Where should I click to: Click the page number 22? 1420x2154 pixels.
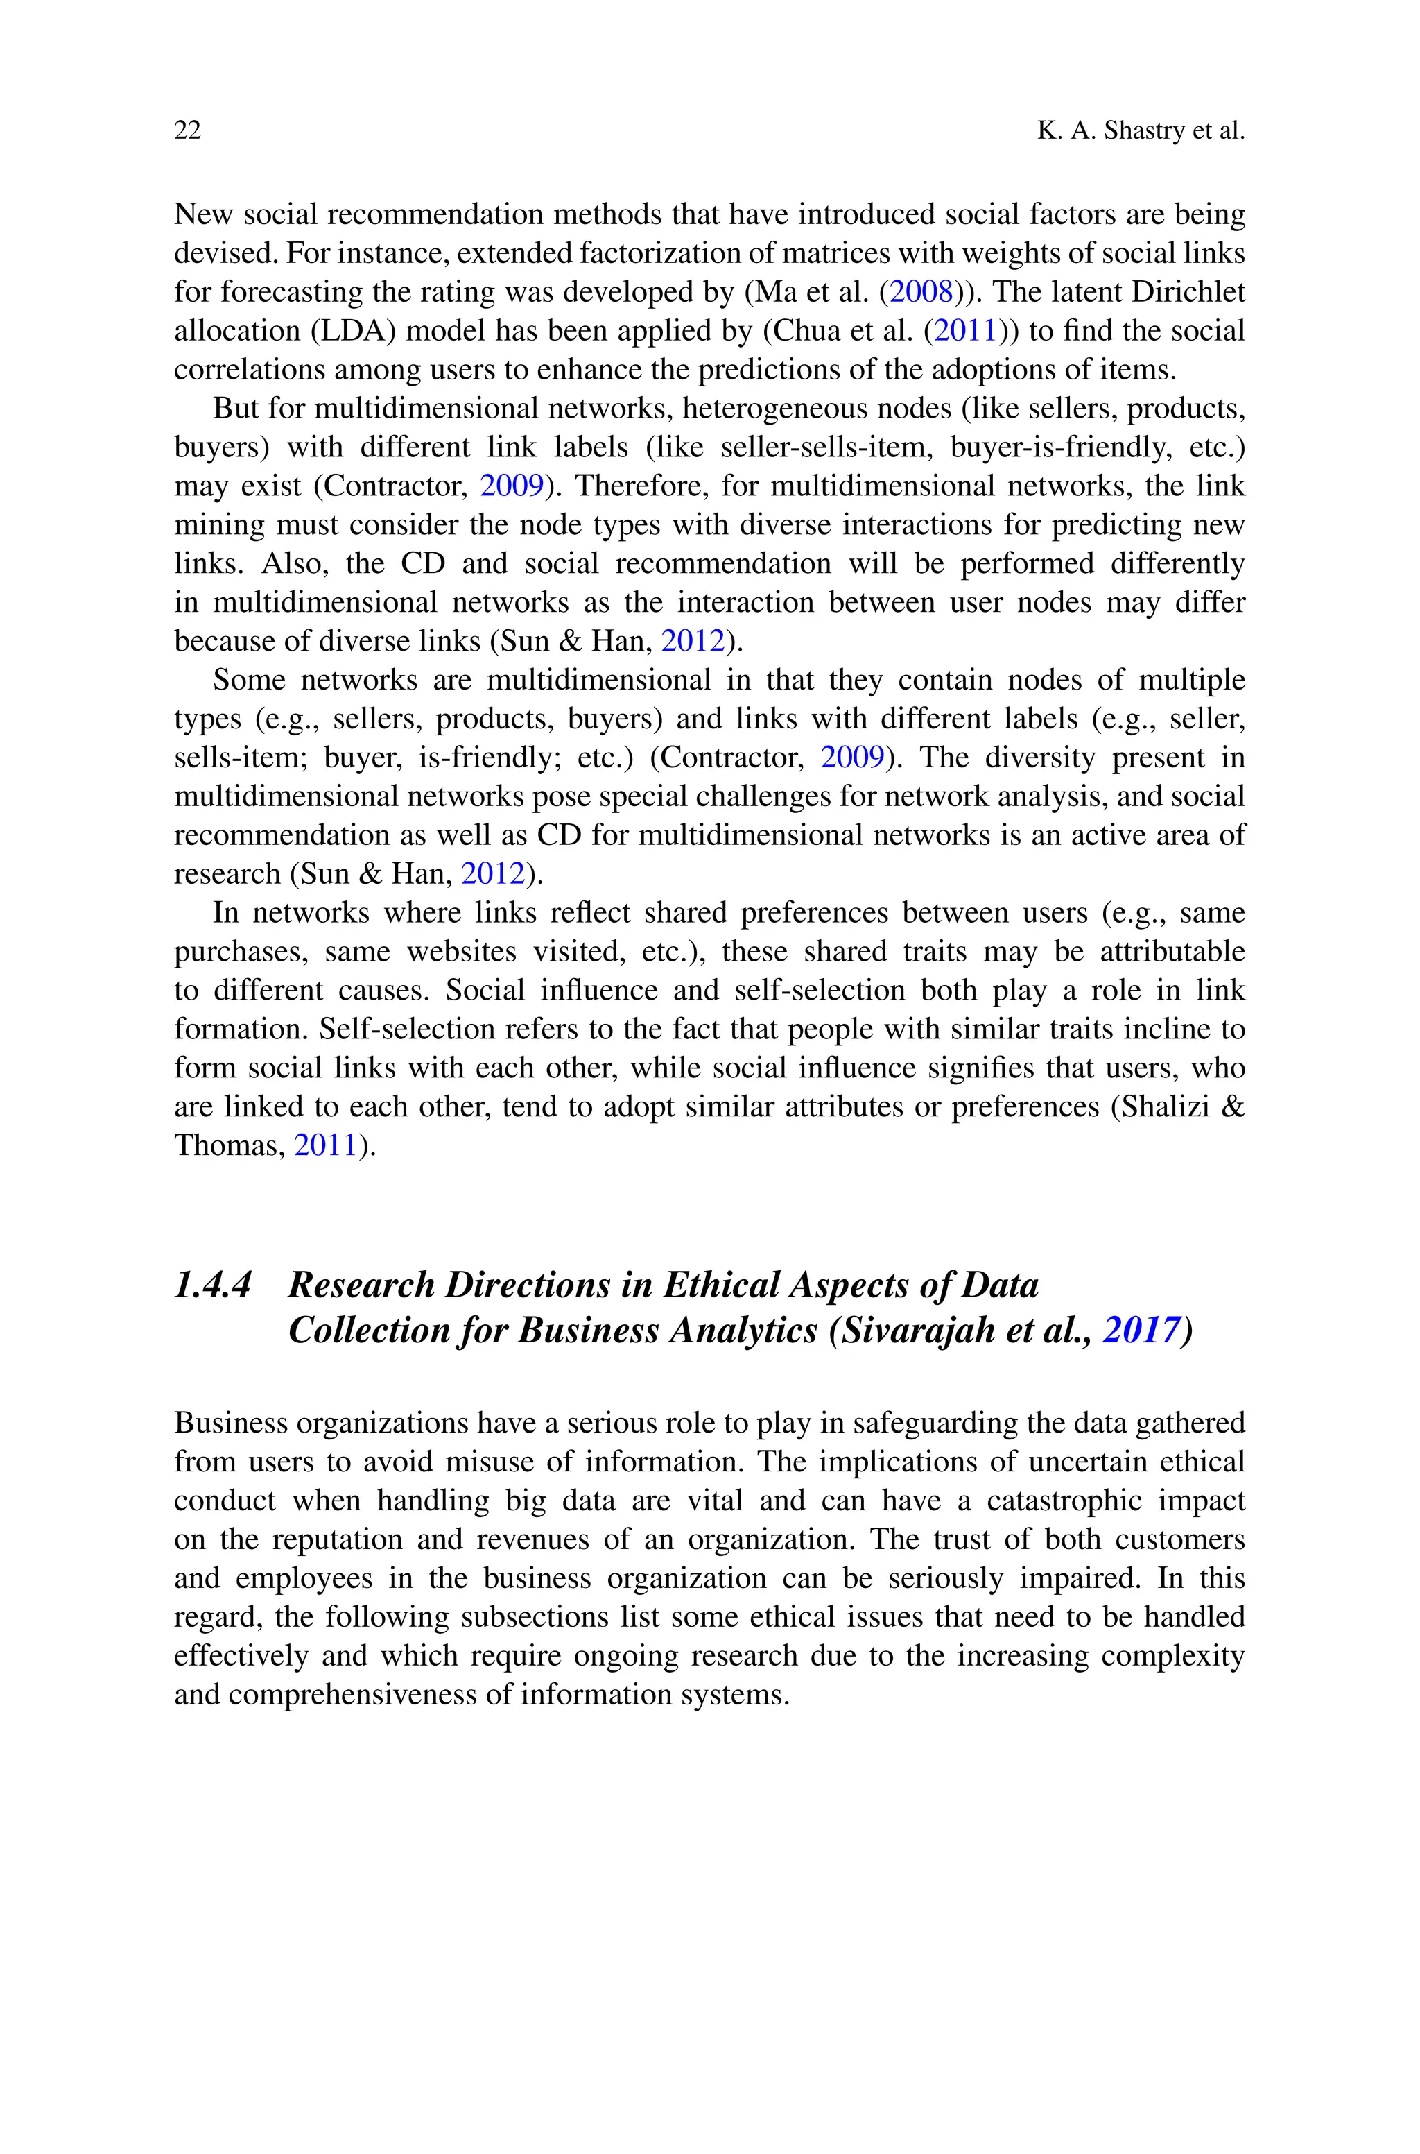187,131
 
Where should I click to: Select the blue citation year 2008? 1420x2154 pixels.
922,293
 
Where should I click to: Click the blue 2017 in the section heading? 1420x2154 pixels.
1141,1331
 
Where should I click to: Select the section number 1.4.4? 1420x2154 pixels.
213,1285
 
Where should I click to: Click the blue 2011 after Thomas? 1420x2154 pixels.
326,1146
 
